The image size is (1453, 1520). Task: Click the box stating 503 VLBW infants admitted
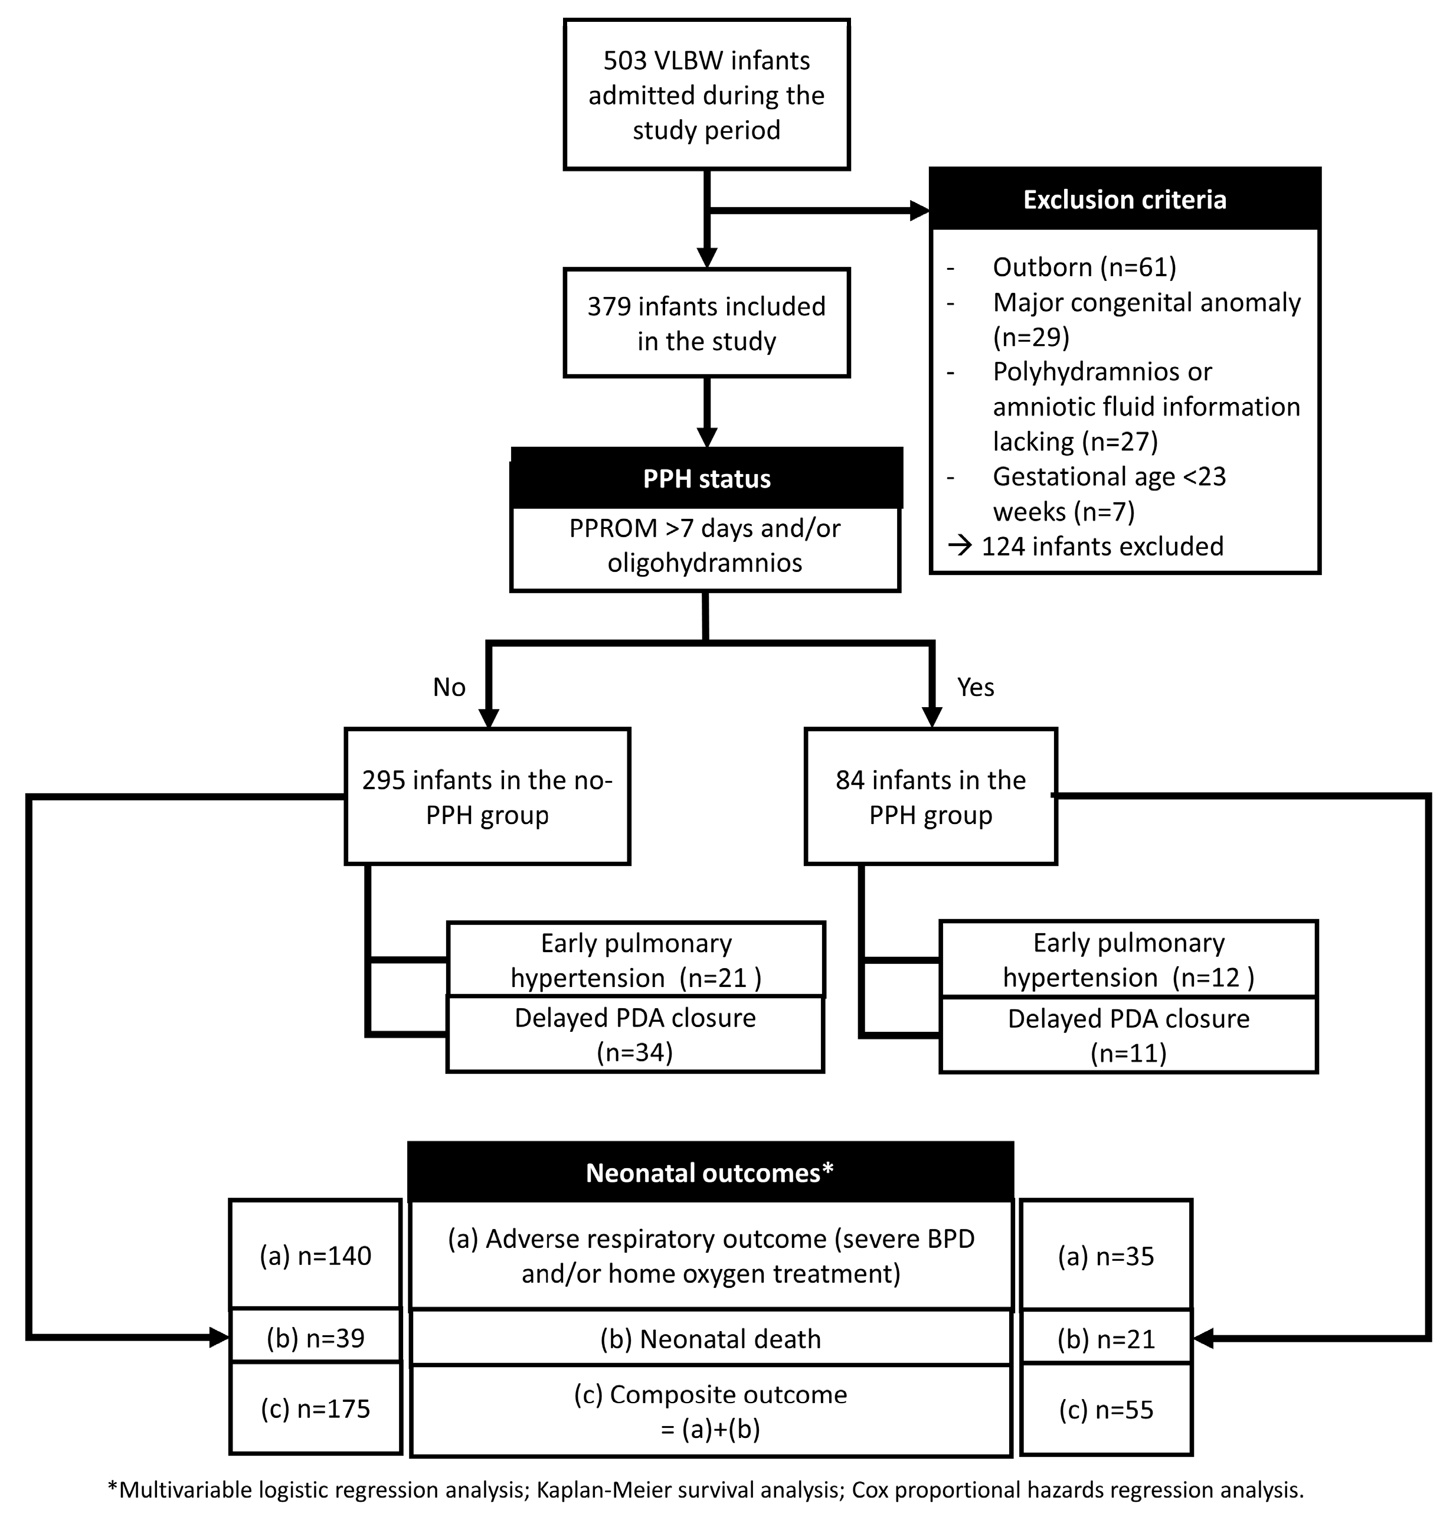(706, 94)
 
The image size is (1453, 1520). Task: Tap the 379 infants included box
(706, 323)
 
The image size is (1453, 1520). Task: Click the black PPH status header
(706, 478)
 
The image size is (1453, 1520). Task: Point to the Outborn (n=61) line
(1084, 267)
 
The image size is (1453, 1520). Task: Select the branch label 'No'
(449, 687)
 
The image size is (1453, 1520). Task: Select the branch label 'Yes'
(975, 687)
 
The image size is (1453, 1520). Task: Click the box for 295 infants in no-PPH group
(487, 796)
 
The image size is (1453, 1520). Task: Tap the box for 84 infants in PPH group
(930, 796)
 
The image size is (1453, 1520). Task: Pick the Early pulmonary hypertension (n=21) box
(635, 960)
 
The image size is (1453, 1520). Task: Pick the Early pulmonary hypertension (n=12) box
(1128, 959)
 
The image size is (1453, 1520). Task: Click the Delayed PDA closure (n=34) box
(635, 1034)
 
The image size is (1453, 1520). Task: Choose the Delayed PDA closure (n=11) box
(1128, 1035)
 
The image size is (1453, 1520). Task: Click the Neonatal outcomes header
(709, 1173)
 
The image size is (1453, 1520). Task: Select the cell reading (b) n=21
(1106, 1339)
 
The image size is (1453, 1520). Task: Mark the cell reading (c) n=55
(1106, 1410)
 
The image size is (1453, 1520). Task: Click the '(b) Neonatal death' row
(709, 1339)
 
